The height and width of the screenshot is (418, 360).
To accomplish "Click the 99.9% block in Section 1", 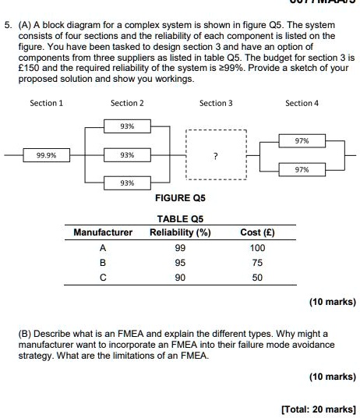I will [44, 155].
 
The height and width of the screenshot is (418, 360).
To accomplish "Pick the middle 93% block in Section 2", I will [127, 155].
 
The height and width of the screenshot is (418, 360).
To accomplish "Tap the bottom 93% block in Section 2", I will [127, 182].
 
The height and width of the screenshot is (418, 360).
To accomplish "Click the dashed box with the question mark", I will [216, 156].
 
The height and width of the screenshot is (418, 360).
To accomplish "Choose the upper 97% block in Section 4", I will [302, 141].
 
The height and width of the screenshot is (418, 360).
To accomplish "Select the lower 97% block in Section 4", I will [302, 169].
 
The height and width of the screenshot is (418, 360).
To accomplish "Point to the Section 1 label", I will [47, 103].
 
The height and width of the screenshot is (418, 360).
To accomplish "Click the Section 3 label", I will [216, 103].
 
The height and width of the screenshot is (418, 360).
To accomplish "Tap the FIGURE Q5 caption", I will [180, 199].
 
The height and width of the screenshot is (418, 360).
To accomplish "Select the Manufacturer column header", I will [103, 232].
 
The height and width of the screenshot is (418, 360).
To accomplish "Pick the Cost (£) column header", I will [257, 232].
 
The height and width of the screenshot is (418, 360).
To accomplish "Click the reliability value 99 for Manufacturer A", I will [180, 247].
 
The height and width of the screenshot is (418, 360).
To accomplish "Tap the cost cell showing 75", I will [257, 263].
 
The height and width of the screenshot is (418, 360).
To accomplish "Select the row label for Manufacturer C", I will [102, 278].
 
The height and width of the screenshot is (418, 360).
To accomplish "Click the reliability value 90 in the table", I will [180, 278].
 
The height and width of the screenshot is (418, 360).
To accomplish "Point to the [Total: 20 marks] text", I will [318, 409].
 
